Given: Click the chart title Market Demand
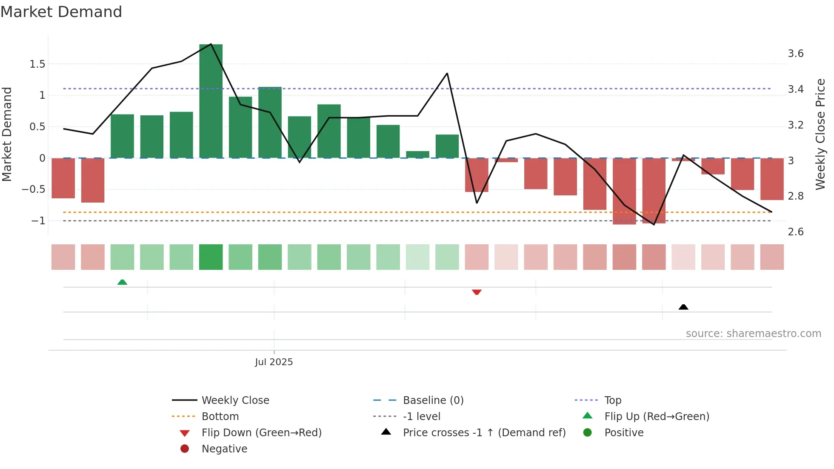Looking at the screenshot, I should tap(61, 12).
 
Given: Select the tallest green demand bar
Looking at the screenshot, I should tap(211, 101).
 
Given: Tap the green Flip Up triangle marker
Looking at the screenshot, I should tap(122, 282).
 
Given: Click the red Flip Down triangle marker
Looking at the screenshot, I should tap(477, 292).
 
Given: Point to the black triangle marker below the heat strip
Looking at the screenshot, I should tap(683, 307).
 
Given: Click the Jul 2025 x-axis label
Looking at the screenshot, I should tap(274, 362).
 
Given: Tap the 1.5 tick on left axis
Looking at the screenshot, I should tap(37, 64).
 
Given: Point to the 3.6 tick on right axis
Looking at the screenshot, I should tap(795, 54).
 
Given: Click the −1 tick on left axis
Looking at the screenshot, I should tap(38, 220).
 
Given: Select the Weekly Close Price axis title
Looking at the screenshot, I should tap(820, 134).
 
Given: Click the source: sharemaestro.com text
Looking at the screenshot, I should tap(753, 333).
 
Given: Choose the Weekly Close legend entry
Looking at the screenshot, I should tap(235, 400).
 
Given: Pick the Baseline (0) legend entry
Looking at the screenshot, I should tap(433, 400).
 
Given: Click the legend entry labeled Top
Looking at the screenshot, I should tap(612, 400).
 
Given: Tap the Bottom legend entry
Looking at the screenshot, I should tap(220, 416).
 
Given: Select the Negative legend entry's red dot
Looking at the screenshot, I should tap(185, 449).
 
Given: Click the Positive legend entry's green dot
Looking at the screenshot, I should tap(588, 432).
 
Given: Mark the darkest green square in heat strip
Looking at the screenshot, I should tap(211, 257).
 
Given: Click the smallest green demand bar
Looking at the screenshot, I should tap(417, 154).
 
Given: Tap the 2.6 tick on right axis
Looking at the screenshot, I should tap(795, 232).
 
